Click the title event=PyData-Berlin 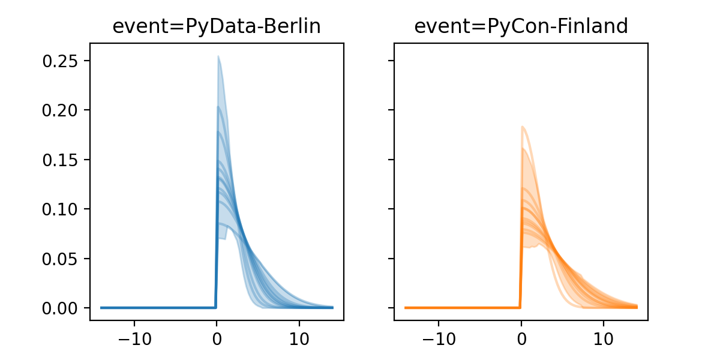click(217, 26)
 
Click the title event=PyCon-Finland click(521, 26)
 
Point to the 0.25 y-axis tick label click(61, 61)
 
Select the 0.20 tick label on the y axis click(61, 110)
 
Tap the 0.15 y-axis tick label click(61, 160)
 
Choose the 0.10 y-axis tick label click(61, 209)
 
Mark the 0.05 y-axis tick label click(61, 259)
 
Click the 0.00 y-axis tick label click(61, 308)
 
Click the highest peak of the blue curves click(218, 56)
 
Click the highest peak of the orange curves click(523, 127)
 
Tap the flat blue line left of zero click(156, 307)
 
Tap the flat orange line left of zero click(462, 307)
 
